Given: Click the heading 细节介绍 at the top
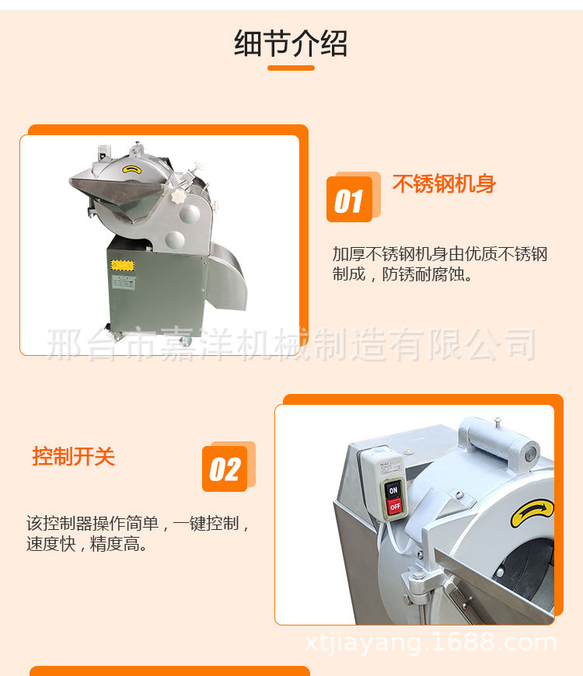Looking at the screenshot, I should [x=291, y=44].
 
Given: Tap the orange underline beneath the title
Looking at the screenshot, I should [x=291, y=68].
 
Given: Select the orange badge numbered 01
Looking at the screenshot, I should [x=350, y=200].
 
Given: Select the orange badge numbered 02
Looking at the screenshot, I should [x=225, y=469].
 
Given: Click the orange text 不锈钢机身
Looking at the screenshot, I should [x=444, y=184].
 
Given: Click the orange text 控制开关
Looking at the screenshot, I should [x=73, y=456].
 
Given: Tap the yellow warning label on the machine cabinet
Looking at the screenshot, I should [x=122, y=265].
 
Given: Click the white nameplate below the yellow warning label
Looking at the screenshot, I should [x=123, y=281].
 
